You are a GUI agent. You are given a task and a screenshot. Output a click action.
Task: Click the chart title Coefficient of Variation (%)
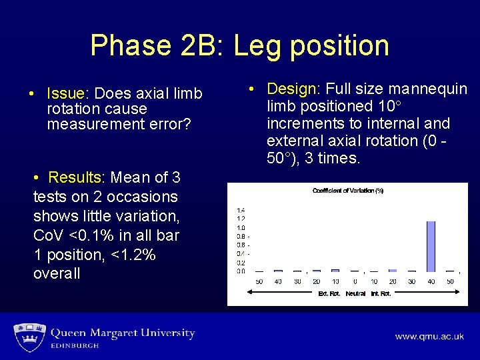click(348, 191)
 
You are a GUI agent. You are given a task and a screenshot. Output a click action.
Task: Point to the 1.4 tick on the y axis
click(241, 210)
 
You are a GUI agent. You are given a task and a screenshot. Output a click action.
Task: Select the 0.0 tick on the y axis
click(241, 271)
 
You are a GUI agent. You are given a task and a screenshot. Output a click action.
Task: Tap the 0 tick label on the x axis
click(355, 282)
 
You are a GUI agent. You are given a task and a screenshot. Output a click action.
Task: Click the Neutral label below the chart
click(355, 293)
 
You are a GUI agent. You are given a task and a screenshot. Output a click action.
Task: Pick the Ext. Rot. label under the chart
click(329, 293)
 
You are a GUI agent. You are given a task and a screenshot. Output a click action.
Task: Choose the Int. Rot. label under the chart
click(381, 293)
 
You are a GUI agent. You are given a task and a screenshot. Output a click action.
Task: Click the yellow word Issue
click(65, 93)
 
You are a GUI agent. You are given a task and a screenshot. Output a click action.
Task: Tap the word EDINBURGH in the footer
click(75, 346)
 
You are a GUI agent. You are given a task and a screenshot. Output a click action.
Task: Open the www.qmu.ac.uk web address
click(429, 337)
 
